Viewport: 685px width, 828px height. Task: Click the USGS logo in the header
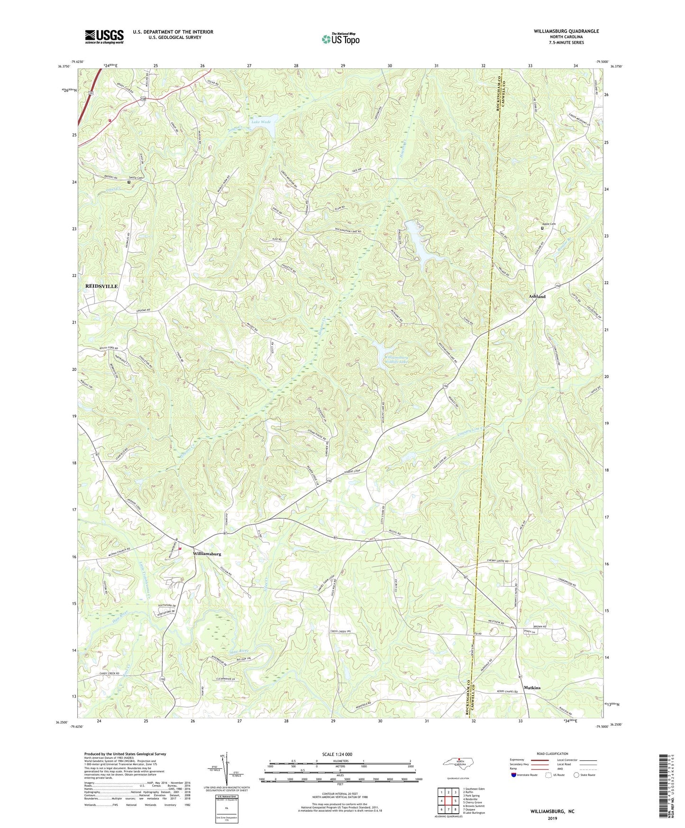[104, 37]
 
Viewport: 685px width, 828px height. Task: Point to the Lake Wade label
[261, 122]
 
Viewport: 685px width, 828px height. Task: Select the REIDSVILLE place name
[101, 286]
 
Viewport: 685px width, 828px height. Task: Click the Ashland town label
[537, 296]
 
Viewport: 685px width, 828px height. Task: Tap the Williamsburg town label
[207, 554]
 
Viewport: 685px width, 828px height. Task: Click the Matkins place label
[532, 688]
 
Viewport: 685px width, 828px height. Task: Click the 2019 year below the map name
[552, 819]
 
